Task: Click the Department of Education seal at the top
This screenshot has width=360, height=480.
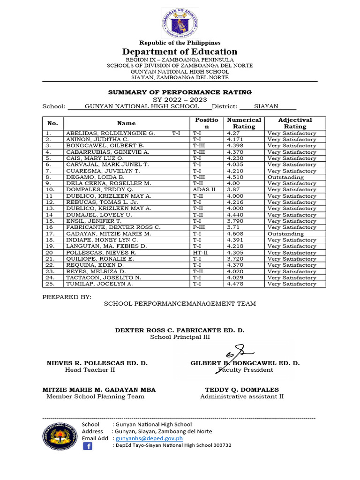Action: (x=180, y=23)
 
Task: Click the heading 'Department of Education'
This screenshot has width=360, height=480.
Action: (x=180, y=52)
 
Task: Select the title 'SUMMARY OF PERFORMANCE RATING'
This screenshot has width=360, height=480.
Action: (x=180, y=92)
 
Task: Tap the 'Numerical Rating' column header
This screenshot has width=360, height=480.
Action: (x=244, y=123)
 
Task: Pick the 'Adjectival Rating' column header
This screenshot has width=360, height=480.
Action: (x=295, y=123)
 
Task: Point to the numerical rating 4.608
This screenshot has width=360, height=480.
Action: (x=235, y=233)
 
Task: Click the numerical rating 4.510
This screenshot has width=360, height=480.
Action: (x=235, y=177)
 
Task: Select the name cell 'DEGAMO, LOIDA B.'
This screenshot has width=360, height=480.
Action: (x=95, y=177)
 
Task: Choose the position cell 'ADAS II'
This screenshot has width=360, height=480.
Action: (x=204, y=190)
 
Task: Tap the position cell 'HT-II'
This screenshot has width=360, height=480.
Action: (x=200, y=253)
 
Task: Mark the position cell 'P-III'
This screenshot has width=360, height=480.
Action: (x=199, y=227)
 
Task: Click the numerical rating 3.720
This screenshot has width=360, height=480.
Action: (x=235, y=259)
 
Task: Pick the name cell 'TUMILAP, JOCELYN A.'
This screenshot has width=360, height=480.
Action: (x=99, y=284)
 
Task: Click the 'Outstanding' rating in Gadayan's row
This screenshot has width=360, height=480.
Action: (x=285, y=233)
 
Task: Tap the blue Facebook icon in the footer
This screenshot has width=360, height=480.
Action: (x=88, y=446)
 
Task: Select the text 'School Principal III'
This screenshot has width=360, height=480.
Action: (x=180, y=337)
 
